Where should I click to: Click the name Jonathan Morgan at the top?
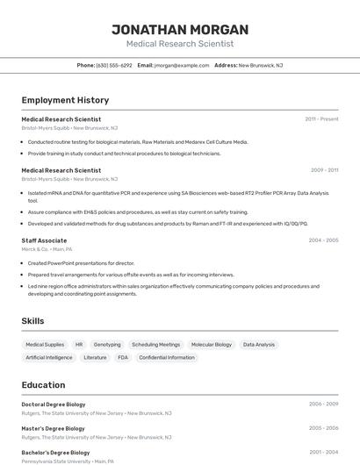(180, 30)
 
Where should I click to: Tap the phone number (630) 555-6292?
(114, 66)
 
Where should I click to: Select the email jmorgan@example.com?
(182, 66)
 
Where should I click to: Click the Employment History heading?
(65, 101)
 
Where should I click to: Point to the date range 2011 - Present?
(321, 119)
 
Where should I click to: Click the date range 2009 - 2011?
(324, 170)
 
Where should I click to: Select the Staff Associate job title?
(44, 240)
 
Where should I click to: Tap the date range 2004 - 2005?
(323, 240)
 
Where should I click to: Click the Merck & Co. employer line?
(47, 249)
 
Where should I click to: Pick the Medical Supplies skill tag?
(45, 345)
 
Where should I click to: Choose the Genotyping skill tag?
(107, 345)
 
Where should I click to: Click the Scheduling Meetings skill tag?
(156, 345)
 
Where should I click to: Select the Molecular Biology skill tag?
(212, 345)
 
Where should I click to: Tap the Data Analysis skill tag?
(259, 345)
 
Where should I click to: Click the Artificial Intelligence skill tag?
(49, 358)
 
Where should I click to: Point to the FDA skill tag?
(123, 358)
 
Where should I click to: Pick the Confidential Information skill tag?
(167, 358)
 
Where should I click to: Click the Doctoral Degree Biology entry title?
(54, 404)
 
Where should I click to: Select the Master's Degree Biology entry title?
(53, 428)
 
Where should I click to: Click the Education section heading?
(43, 385)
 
